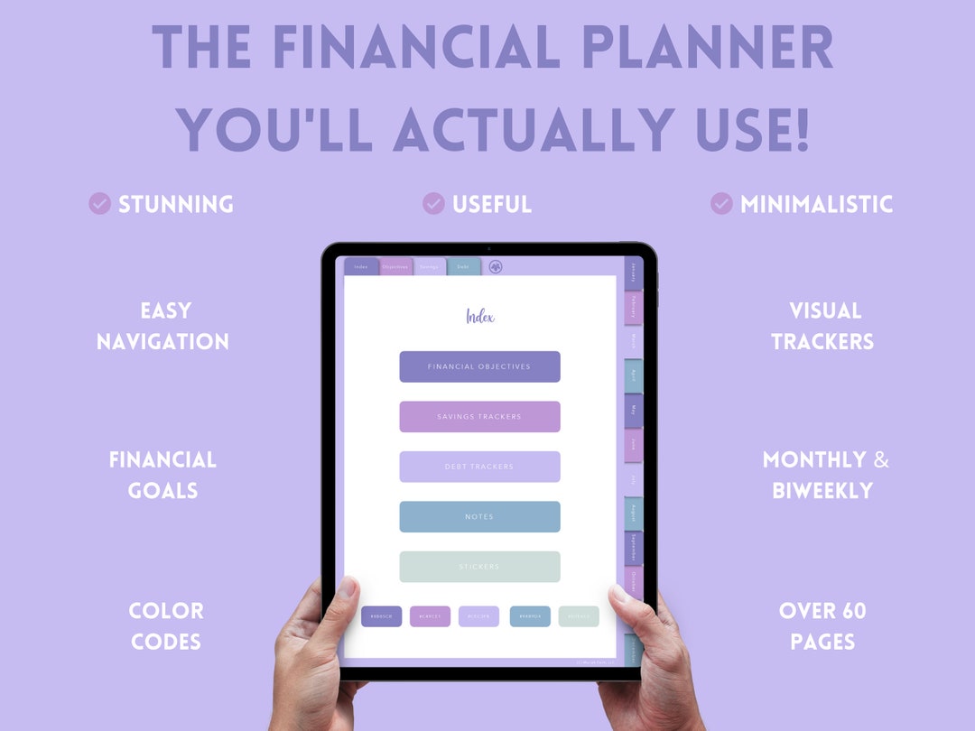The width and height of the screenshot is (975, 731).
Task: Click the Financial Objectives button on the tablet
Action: [479, 366]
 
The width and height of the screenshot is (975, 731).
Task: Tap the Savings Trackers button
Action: [479, 417]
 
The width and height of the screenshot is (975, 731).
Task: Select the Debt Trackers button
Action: [479, 467]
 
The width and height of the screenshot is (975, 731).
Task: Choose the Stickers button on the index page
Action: [479, 567]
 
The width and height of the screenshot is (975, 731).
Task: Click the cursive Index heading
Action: [479, 316]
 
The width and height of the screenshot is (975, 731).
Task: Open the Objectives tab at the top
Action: [395, 266]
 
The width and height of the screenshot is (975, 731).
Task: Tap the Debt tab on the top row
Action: [463, 266]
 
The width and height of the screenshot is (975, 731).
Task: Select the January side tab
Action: [633, 273]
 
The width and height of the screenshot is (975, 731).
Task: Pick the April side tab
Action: [633, 375]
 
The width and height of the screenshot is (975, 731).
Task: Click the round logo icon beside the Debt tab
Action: [496, 266]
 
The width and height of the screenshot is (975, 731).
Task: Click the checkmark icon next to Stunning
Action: [99, 204]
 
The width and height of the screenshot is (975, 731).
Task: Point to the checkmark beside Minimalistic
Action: [720, 204]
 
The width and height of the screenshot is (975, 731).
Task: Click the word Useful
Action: [492, 205]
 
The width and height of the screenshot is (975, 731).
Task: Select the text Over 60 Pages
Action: [822, 626]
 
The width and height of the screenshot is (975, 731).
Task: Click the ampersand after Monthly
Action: [880, 460]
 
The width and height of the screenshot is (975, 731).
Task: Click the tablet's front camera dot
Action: [488, 249]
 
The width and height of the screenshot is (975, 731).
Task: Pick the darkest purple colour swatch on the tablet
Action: [381, 616]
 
